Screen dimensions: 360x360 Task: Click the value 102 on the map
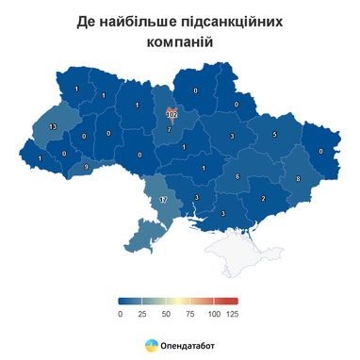click(171, 111)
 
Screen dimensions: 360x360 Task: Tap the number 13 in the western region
click(53, 126)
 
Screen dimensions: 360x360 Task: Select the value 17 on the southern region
click(162, 201)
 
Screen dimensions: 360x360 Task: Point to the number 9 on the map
click(86, 167)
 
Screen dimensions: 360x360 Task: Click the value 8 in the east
click(298, 178)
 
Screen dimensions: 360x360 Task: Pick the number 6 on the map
click(237, 176)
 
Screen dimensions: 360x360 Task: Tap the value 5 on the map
click(274, 135)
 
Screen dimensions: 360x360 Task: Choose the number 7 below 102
click(170, 128)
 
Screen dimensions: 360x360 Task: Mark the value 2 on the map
click(263, 198)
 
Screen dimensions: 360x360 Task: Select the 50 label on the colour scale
click(167, 313)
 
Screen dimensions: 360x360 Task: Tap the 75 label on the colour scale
click(189, 313)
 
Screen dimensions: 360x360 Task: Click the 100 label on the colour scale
click(213, 313)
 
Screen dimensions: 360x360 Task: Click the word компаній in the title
click(179, 42)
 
